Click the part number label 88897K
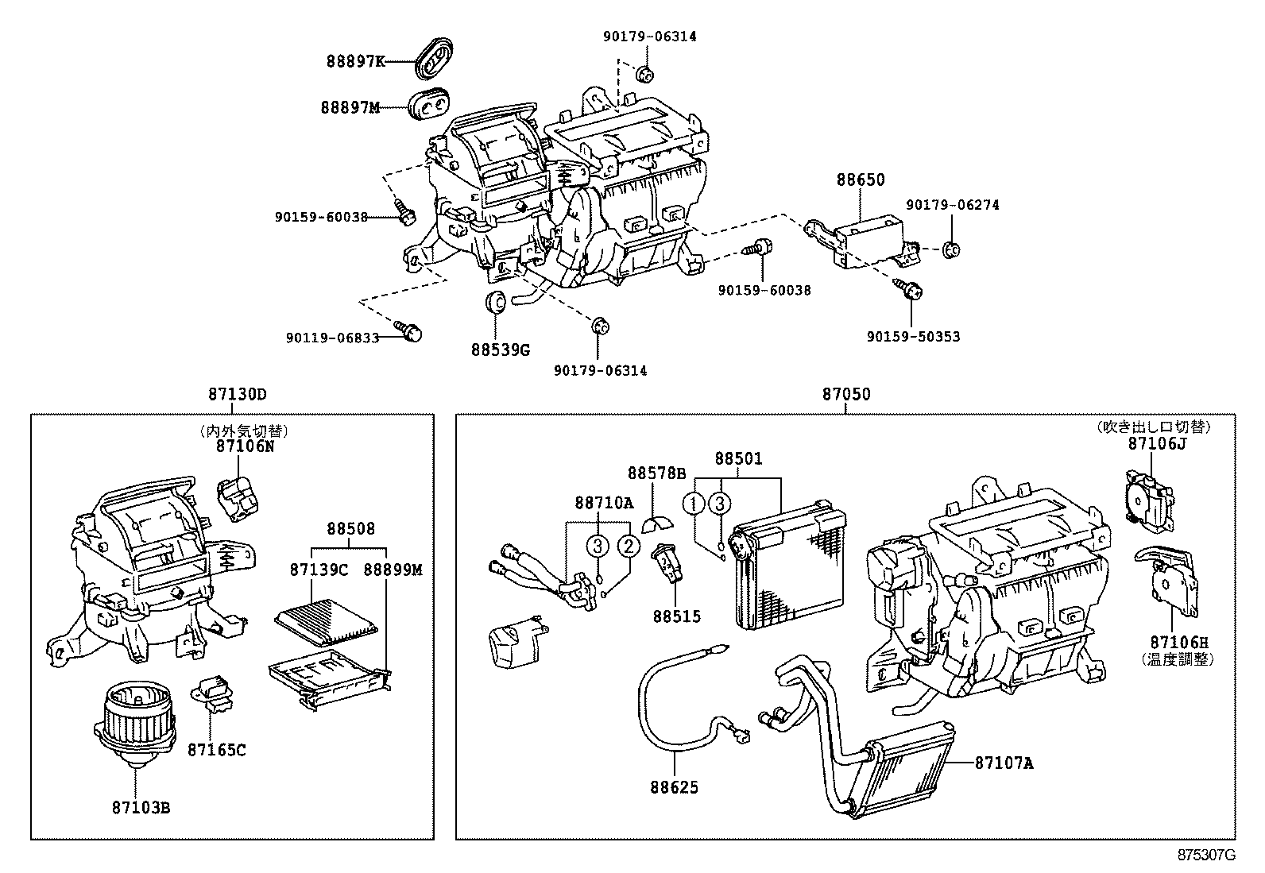pos(355,60)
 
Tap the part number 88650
pos(860,180)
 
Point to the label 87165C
pos(217,749)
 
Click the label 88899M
pos(393,570)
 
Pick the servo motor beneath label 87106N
pos(241,499)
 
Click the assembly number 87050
pos(845,394)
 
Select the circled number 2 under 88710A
pos(628,546)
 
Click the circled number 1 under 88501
pos(694,504)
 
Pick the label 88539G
pos(499,349)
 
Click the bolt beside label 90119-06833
pos(410,331)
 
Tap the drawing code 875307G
pos(1206,855)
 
